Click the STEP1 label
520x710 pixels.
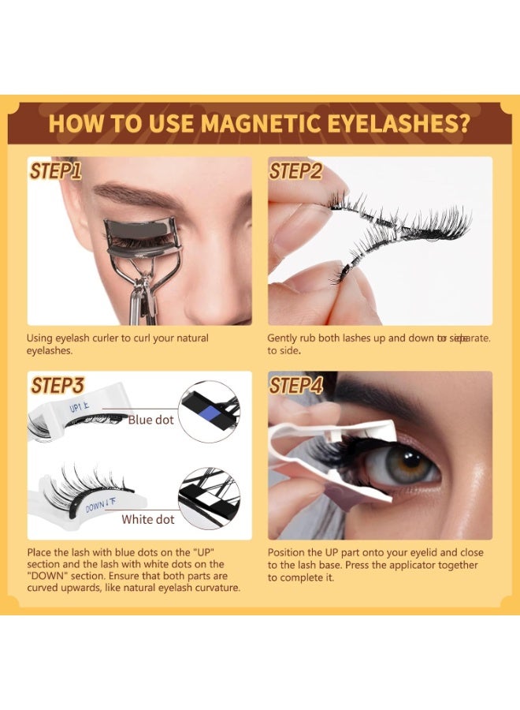point(55,171)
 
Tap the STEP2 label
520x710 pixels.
point(295,171)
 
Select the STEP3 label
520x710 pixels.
point(58,386)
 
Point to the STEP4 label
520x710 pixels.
point(296,386)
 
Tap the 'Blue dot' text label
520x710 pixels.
point(150,420)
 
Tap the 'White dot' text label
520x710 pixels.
point(148,520)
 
